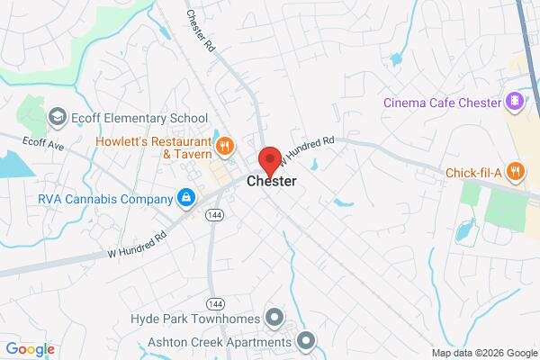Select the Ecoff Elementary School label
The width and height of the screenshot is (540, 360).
(140, 118)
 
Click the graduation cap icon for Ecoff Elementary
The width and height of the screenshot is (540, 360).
(58, 117)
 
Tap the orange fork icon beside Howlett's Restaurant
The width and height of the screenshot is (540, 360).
(225, 144)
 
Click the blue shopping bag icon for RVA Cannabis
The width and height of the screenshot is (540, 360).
(185, 198)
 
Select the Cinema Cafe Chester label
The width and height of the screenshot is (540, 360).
(442, 102)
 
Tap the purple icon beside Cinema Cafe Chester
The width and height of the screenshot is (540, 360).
(514, 101)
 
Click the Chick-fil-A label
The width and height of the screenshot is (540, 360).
(472, 171)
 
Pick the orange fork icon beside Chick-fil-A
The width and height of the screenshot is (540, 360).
(514, 170)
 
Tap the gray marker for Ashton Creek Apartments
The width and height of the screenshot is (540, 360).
(306, 340)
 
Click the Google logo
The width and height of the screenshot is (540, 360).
(30, 348)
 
